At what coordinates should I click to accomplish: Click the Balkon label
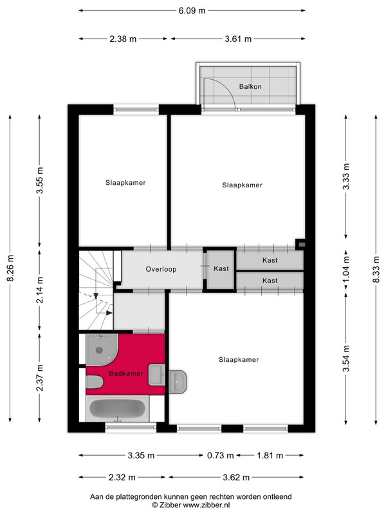[x=250, y=87]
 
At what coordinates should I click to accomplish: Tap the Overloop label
[x=161, y=269]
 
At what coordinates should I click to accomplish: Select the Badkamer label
[x=126, y=373]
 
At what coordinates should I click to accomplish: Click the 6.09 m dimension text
[x=192, y=11]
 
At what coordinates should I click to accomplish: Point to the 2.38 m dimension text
[x=123, y=39]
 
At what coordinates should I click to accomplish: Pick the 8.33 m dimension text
[x=376, y=269]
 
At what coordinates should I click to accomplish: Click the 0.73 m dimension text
[x=220, y=456]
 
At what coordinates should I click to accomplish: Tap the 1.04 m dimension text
[x=346, y=270]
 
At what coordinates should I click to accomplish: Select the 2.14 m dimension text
[x=40, y=290]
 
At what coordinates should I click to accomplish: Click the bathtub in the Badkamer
[x=118, y=409]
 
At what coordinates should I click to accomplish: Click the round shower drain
[x=99, y=350]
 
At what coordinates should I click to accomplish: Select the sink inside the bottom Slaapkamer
[x=178, y=382]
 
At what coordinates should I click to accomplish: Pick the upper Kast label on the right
[x=270, y=261]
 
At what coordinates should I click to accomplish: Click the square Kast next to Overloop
[x=221, y=269]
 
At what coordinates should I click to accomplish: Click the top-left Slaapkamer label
[x=125, y=183]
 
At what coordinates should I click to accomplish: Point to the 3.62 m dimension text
[x=236, y=478]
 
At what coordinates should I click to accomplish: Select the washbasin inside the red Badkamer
[x=156, y=375]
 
